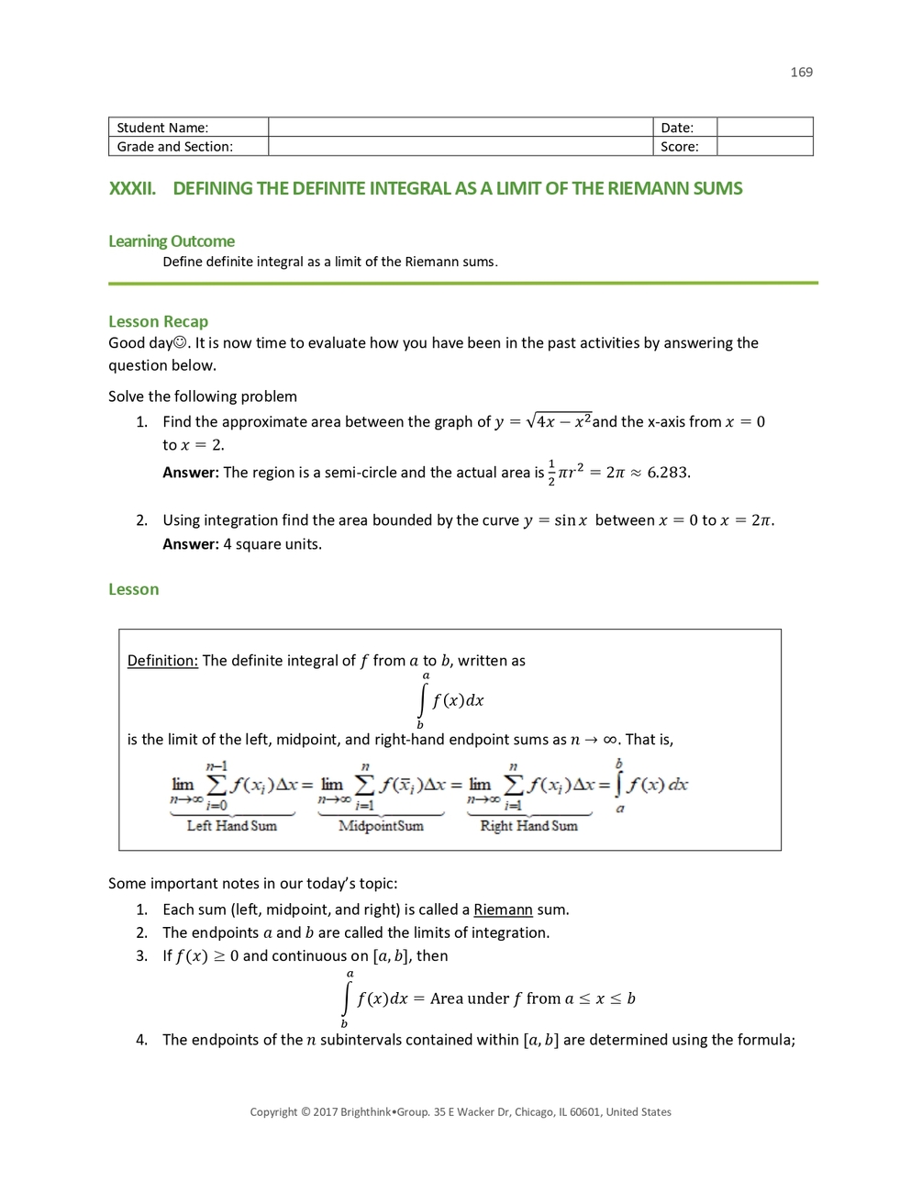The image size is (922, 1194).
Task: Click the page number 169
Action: pos(801,73)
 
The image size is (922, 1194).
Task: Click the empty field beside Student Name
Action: pos(460,128)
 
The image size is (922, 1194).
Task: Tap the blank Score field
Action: pos(764,147)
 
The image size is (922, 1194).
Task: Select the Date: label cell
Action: pos(683,128)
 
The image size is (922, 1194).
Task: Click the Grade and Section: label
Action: pos(175,147)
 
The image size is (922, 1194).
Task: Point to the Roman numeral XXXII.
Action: pos(132,189)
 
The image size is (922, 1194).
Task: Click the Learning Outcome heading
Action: pos(172,241)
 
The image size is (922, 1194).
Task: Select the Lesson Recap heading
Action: pos(158,321)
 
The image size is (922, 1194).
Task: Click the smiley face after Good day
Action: pos(180,343)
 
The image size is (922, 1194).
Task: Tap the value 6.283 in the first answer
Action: pos(668,473)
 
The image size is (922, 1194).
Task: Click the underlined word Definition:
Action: pos(162,661)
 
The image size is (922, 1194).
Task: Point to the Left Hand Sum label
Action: pos(231,826)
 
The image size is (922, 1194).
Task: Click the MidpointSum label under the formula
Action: pos(381,826)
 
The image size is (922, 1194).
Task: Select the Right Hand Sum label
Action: pos(528,826)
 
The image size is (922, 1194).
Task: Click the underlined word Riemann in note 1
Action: pos(503,909)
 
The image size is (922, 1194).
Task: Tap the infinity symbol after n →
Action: pos(610,740)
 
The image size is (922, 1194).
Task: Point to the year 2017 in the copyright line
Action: pos(325,1112)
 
